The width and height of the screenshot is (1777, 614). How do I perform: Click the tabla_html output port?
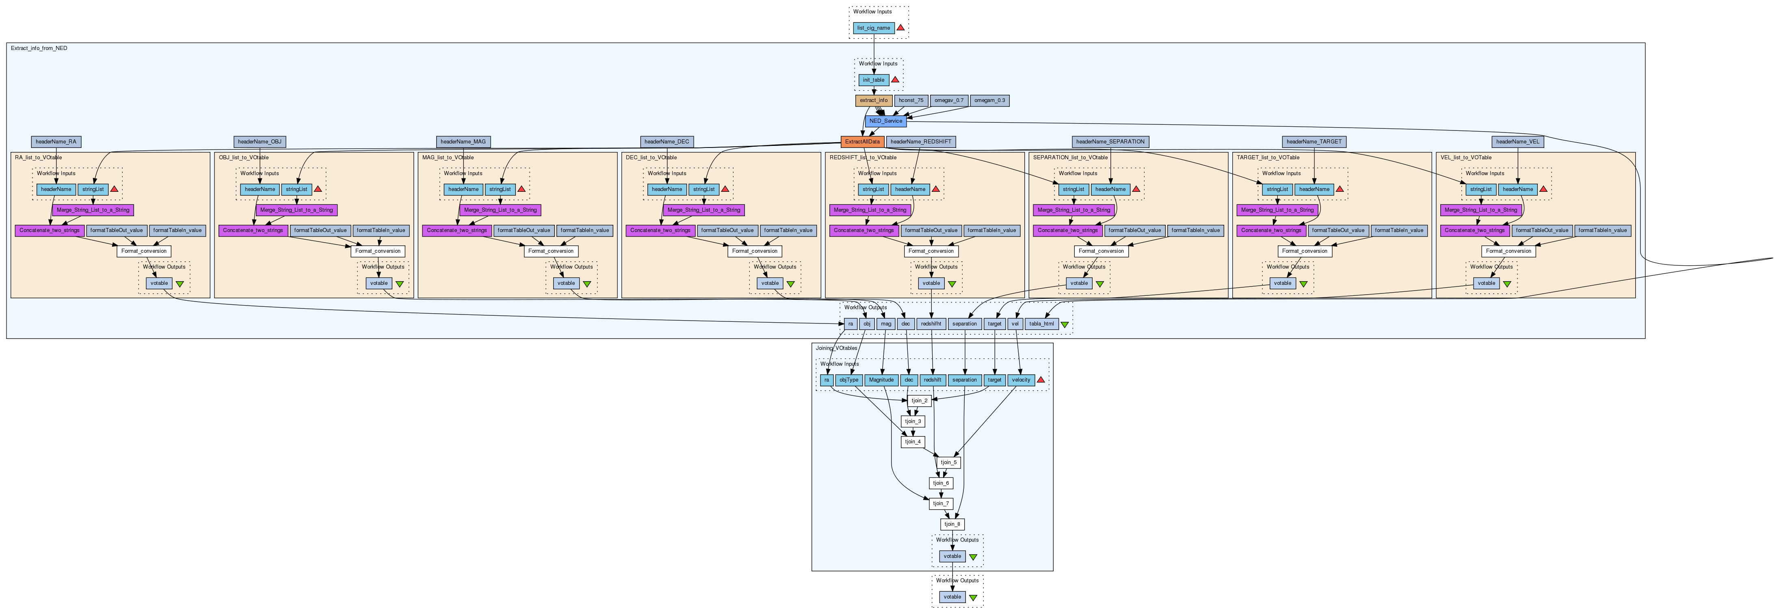pos(1041,323)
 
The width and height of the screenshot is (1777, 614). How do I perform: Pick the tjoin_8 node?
pos(952,524)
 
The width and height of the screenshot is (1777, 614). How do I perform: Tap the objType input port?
pos(848,380)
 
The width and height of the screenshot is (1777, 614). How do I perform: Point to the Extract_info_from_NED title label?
pos(39,48)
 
